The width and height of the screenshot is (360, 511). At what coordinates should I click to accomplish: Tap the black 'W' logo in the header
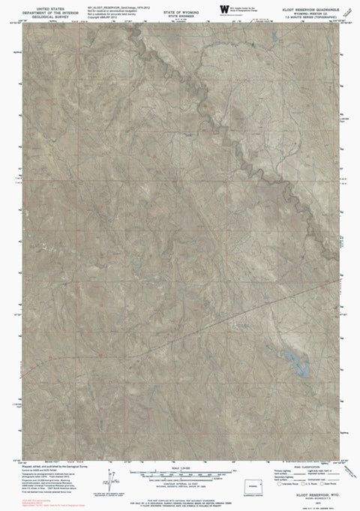(223, 8)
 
